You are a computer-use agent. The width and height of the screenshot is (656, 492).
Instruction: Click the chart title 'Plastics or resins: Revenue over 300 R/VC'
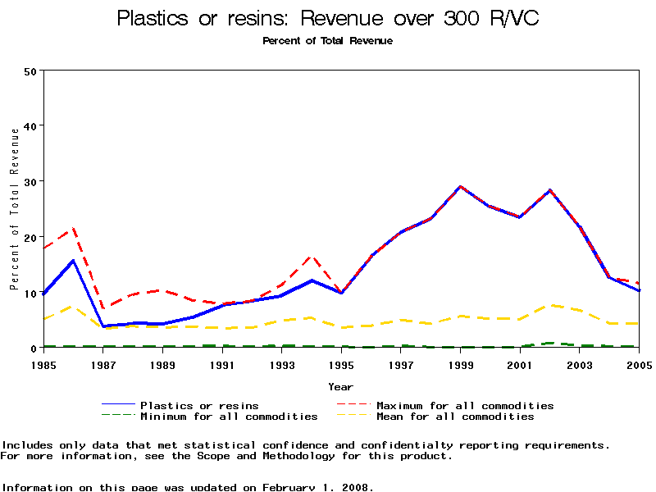[328, 18]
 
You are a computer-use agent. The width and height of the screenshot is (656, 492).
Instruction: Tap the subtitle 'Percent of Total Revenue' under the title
[328, 41]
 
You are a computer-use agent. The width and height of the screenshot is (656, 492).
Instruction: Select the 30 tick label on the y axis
[31, 181]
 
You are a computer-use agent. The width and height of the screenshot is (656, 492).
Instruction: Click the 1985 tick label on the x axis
[43, 363]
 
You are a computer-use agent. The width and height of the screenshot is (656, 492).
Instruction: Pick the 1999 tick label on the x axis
[461, 363]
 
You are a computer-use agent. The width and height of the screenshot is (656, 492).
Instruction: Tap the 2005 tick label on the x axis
[639, 363]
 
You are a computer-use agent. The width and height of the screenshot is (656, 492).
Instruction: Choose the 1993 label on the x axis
[282, 363]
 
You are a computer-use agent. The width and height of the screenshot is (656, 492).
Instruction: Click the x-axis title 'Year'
[341, 386]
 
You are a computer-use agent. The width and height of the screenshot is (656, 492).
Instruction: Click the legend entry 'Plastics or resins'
[199, 405]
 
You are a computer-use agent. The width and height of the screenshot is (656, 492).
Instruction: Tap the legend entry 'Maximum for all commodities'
[465, 405]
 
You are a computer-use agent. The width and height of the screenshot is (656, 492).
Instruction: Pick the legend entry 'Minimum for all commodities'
[229, 417]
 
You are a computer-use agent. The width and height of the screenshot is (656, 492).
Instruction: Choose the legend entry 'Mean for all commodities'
[455, 417]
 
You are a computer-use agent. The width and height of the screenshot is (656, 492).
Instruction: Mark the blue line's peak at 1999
[461, 186]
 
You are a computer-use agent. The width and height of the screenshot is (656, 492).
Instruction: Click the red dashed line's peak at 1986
[74, 229]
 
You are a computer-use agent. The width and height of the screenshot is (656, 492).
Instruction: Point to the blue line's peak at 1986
[74, 261]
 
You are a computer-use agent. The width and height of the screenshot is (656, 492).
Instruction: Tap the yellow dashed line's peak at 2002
[550, 305]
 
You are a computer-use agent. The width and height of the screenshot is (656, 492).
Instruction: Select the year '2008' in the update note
[355, 487]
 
